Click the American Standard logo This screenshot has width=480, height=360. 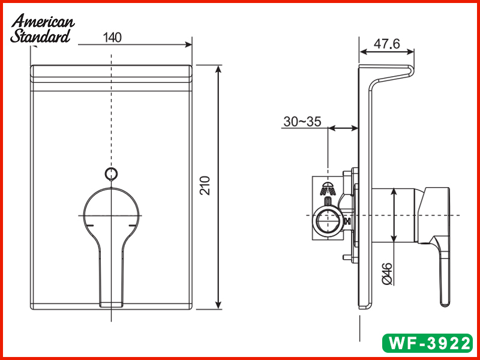[x=42, y=29]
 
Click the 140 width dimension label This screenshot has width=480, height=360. [x=112, y=37]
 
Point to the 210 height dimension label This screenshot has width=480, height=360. [x=205, y=187]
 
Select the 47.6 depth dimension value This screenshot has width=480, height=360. [x=386, y=44]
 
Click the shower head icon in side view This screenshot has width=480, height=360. [x=328, y=188]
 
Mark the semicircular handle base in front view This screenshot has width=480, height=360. [x=111, y=207]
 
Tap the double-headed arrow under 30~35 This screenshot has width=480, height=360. [x=343, y=127]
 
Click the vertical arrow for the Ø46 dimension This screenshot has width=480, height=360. [x=393, y=215]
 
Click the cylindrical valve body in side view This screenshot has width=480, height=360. [x=393, y=215]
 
